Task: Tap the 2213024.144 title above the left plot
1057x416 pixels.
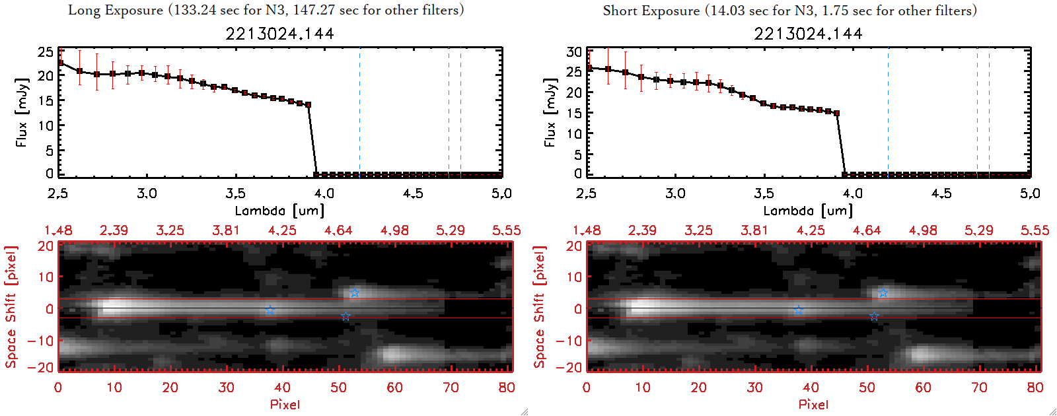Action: tap(279, 34)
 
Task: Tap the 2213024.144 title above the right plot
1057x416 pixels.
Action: tap(808, 34)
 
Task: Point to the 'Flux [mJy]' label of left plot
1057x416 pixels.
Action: tap(22, 112)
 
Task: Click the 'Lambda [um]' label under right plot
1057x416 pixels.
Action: tap(808, 211)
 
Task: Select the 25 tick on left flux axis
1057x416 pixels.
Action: tap(46, 52)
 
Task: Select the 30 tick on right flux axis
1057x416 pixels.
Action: tap(574, 52)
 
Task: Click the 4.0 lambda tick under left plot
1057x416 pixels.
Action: tap(324, 193)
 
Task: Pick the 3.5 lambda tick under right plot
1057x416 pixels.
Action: tap(764, 193)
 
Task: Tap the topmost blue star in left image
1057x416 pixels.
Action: tap(354, 293)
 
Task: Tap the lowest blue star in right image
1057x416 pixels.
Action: tap(874, 317)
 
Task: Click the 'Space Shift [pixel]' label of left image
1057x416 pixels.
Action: tap(11, 307)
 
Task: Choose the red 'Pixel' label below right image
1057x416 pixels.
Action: tap(813, 404)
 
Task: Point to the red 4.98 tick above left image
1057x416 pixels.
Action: tap(394, 230)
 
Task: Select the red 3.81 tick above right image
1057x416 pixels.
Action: tap(754, 230)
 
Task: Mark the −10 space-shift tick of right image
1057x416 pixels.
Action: tap(569, 341)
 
